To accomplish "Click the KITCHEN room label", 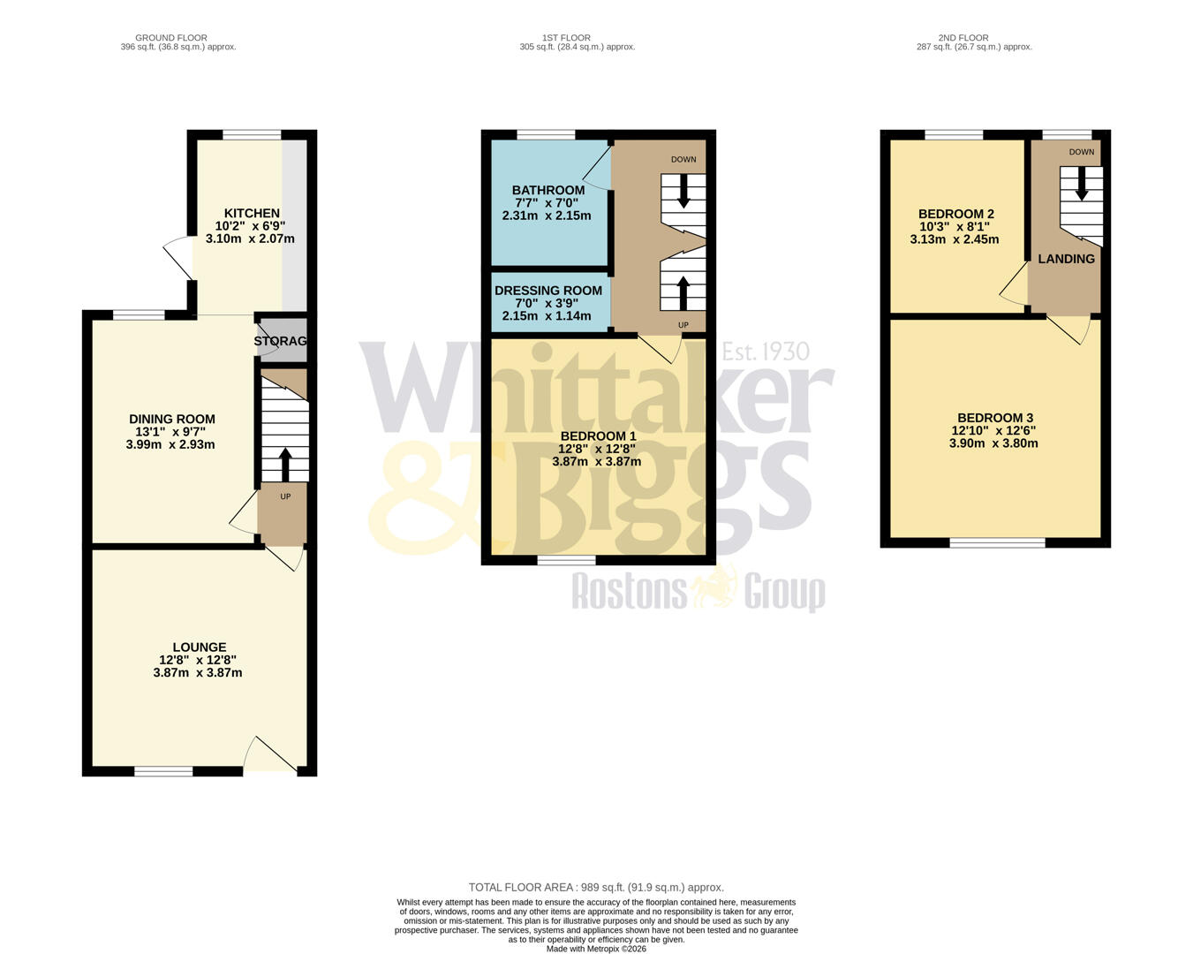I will click(252, 214).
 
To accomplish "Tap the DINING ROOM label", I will click(172, 420).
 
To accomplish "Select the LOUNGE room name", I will click(200, 647).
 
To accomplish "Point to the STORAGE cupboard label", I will click(281, 341).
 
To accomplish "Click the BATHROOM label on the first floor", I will click(548, 191).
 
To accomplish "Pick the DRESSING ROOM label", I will click(548, 291).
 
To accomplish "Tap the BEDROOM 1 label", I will click(598, 436).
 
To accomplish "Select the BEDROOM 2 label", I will click(955, 215).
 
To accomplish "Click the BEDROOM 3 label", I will click(995, 419).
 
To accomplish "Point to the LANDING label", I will click(1066, 259).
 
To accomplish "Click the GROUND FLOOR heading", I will click(171, 38).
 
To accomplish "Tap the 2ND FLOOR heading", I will click(963, 38).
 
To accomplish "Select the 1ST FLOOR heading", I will click(566, 38).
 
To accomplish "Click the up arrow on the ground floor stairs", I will click(284, 465).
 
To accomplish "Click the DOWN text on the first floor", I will click(683, 160).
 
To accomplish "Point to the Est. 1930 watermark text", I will click(766, 352).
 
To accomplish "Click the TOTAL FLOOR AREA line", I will click(596, 888).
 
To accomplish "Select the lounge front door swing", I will click(271, 755).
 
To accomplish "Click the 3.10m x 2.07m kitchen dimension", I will click(250, 238).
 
